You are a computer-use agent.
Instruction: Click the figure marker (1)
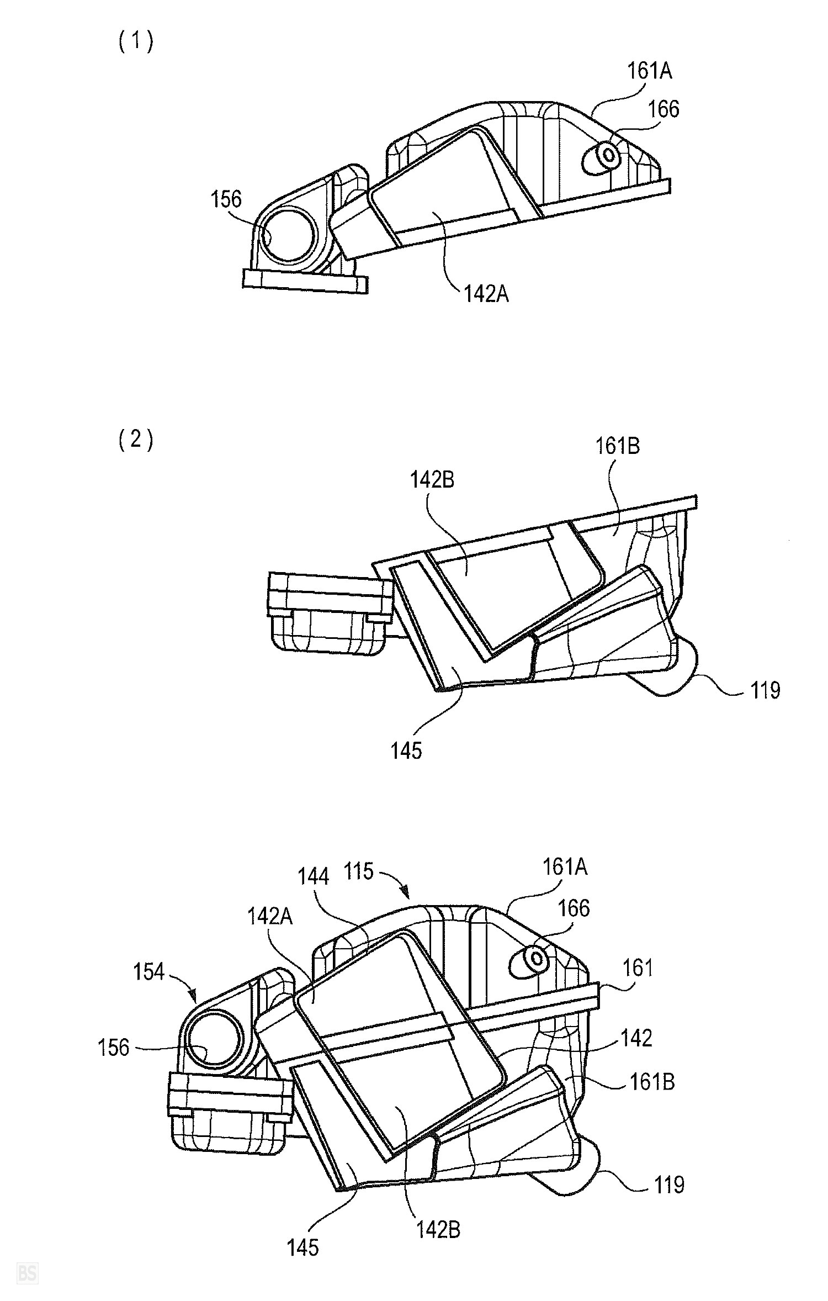coord(136,42)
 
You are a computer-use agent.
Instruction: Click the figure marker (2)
coord(136,440)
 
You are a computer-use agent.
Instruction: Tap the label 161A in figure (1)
coord(649,71)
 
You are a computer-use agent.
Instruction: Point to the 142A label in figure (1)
coord(486,294)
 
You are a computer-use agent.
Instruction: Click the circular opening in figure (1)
coord(288,236)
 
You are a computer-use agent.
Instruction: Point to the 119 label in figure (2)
coord(765,690)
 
